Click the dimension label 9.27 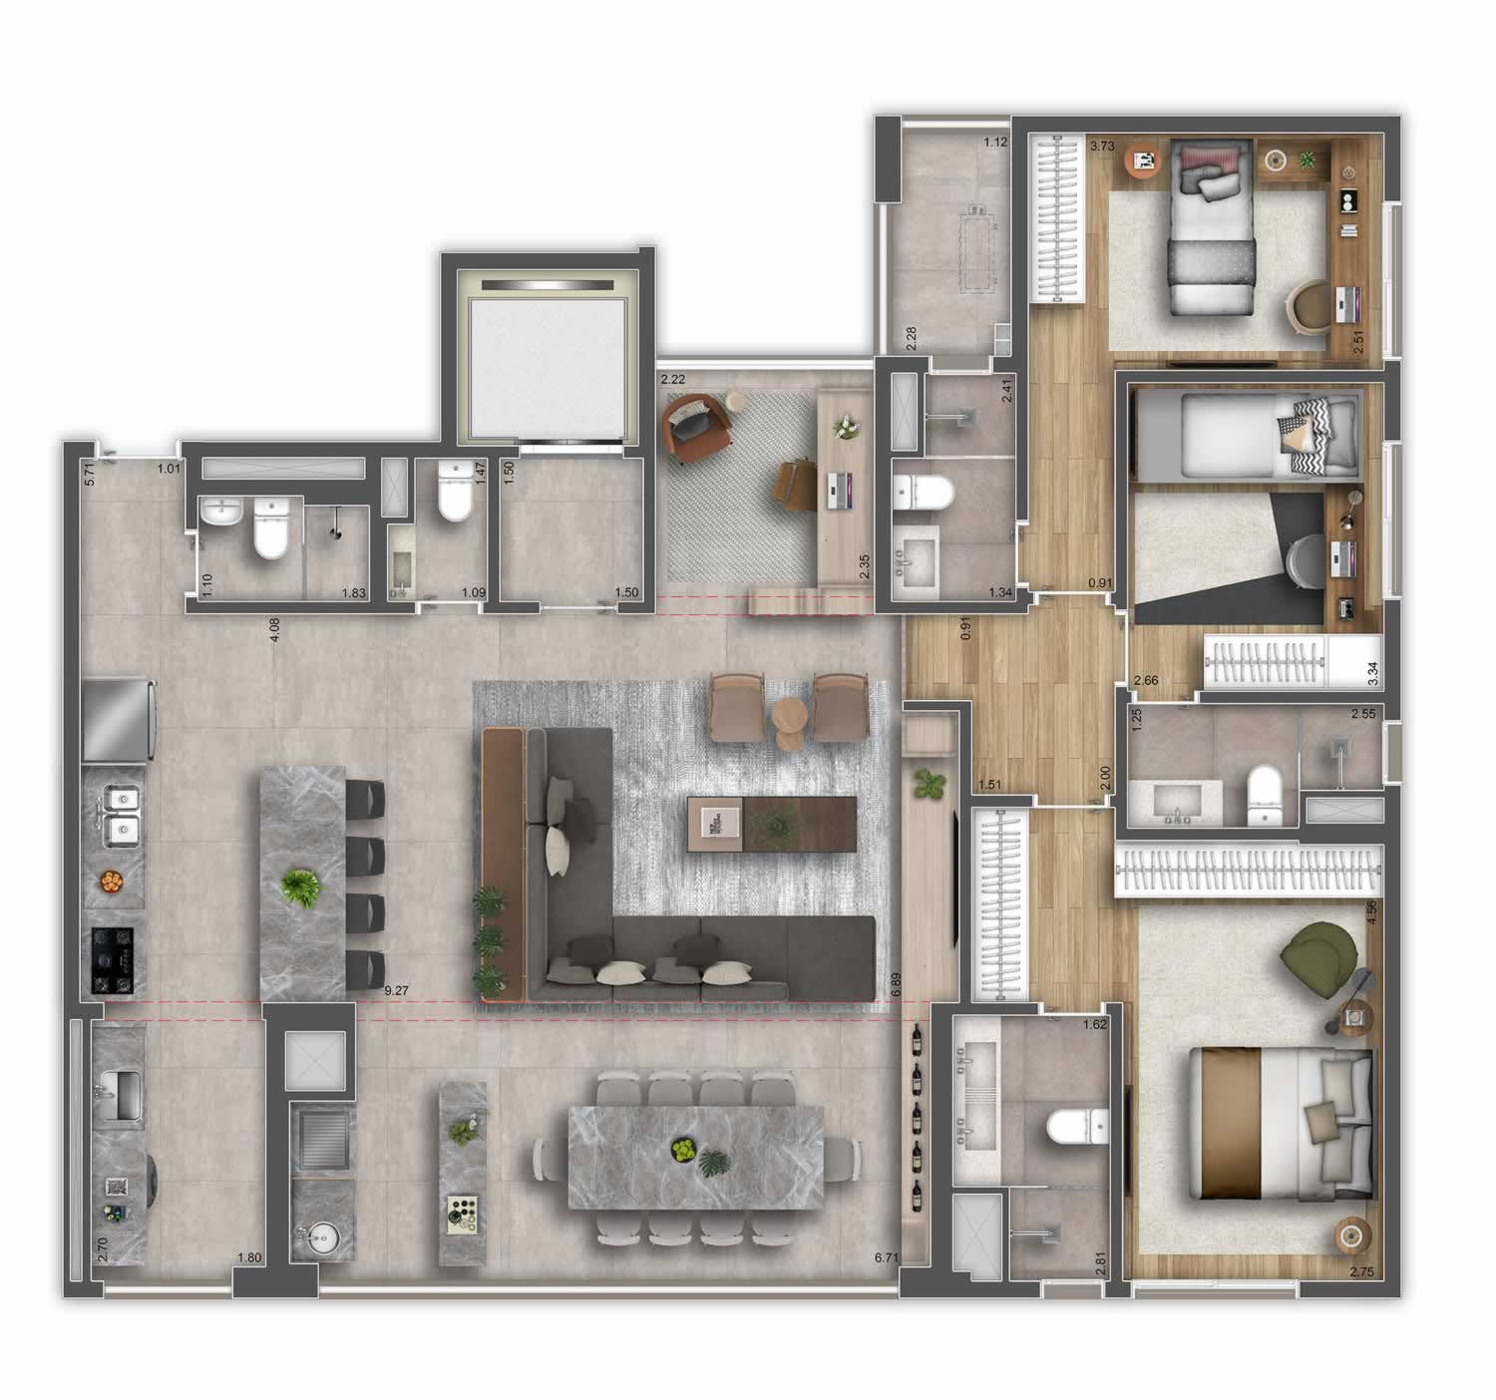coord(398,991)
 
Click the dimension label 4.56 coord(1372,913)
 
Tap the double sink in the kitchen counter coord(121,813)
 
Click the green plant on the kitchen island coord(300,886)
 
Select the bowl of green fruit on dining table coord(683,1150)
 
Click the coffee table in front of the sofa coord(771,824)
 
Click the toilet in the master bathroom coord(1073,1127)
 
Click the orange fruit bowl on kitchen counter coord(111,880)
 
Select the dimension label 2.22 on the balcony coord(675,379)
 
